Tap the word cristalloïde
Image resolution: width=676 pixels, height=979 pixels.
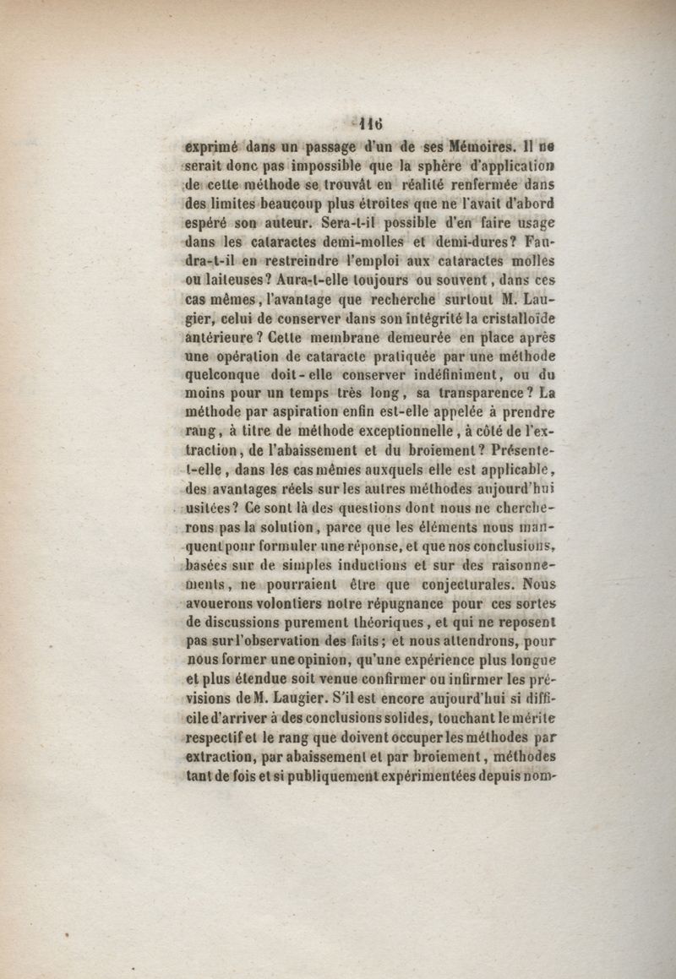[x=512, y=320]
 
